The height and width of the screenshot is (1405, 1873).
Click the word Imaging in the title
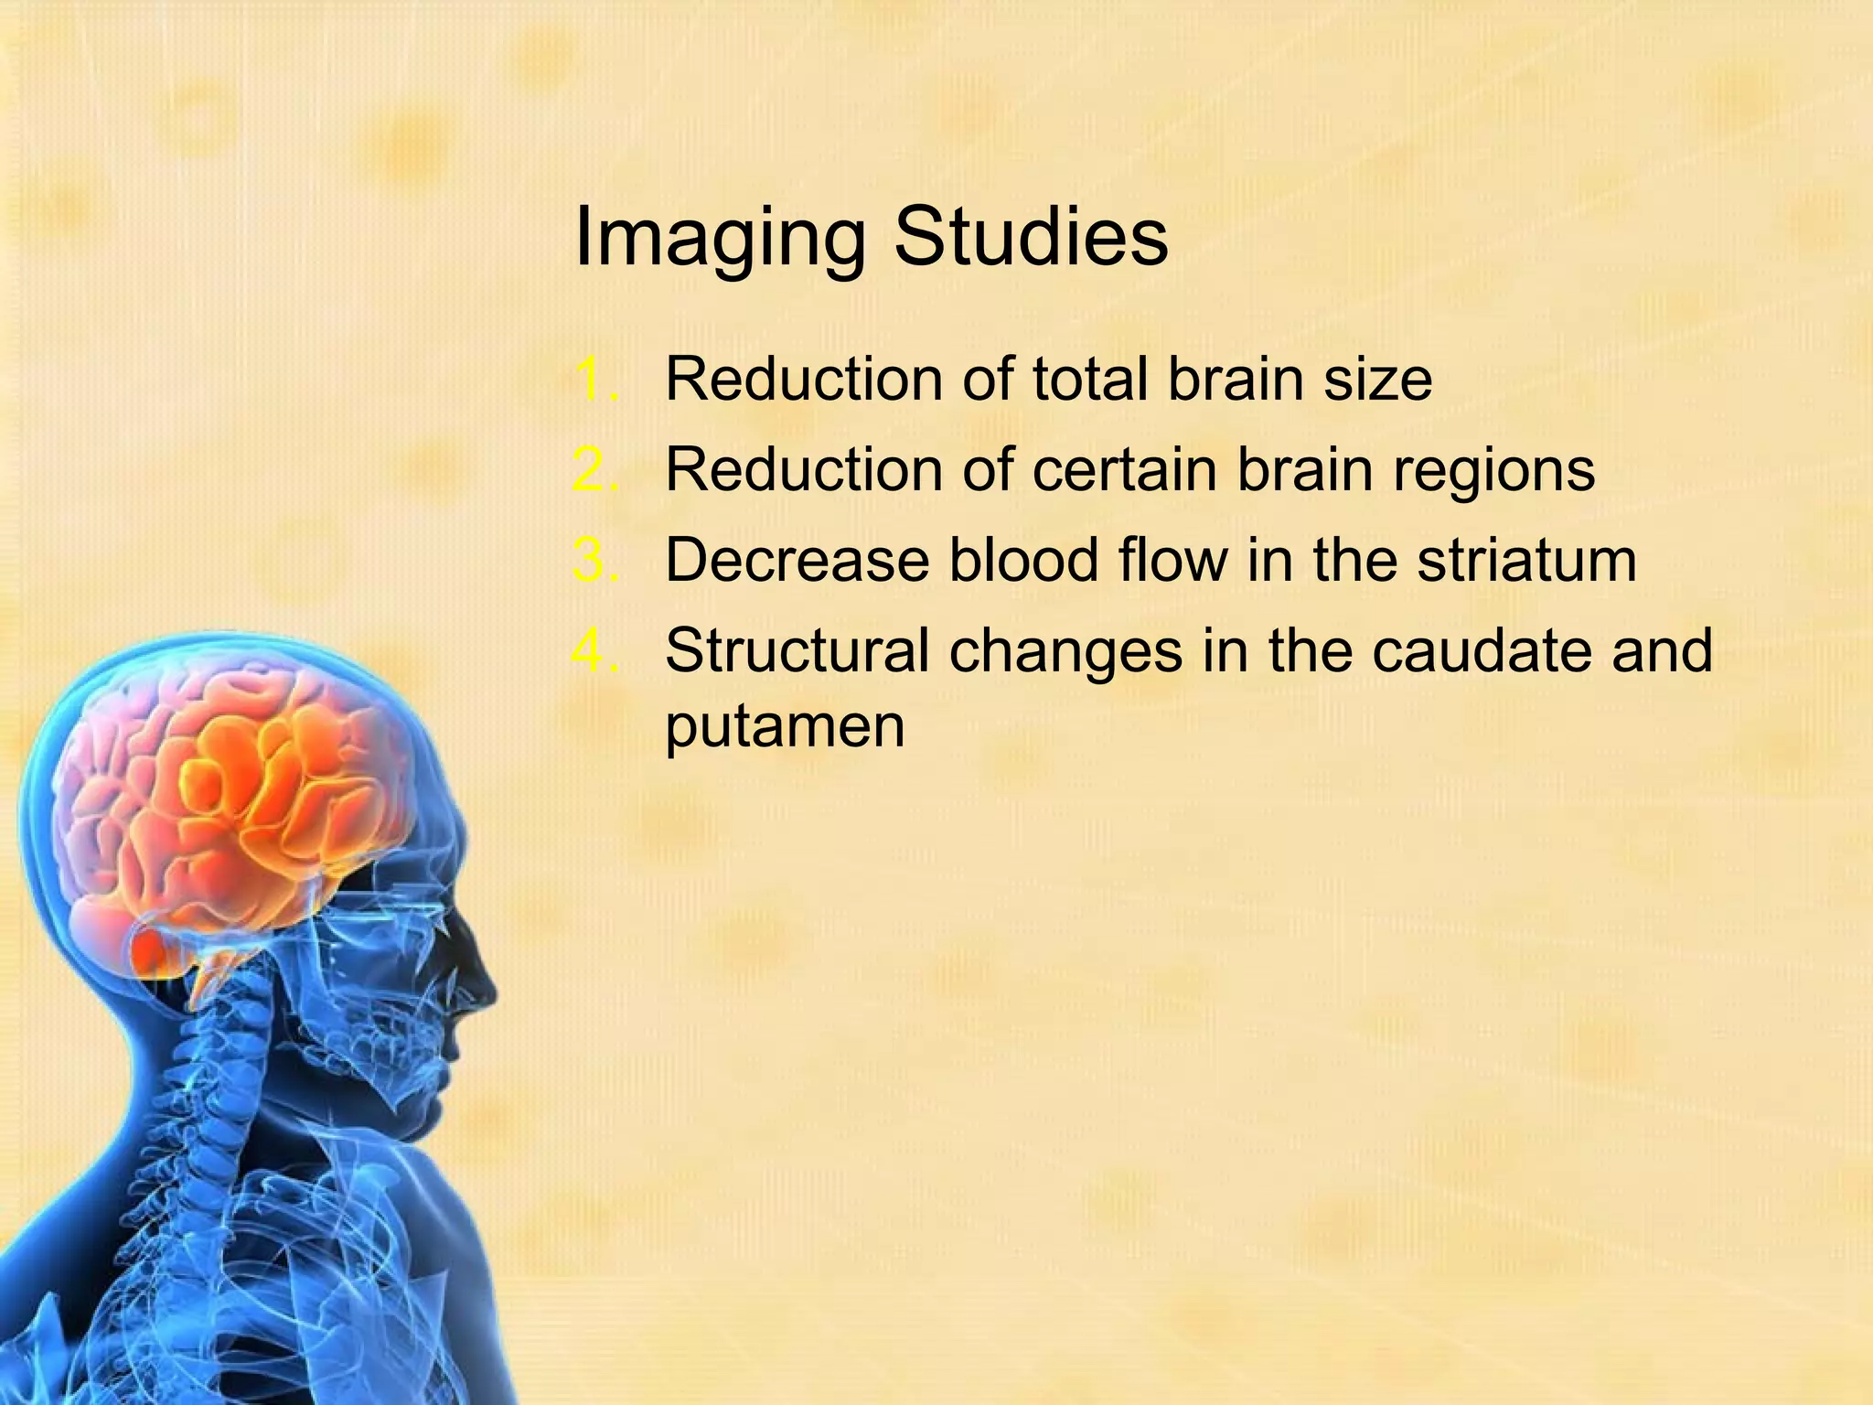tap(719, 240)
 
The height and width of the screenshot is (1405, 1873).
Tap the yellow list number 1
tap(595, 379)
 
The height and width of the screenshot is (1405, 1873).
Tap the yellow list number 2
tap(595, 470)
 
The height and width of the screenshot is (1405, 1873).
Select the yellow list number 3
tap(595, 560)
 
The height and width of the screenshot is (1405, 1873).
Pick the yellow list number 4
tap(595, 650)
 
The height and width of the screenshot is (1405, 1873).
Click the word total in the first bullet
tap(1089, 379)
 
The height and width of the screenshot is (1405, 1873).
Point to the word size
tap(1376, 379)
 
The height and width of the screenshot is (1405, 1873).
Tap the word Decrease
tap(797, 560)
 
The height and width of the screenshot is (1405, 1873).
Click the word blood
tap(1023, 560)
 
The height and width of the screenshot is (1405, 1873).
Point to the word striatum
tap(1526, 560)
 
